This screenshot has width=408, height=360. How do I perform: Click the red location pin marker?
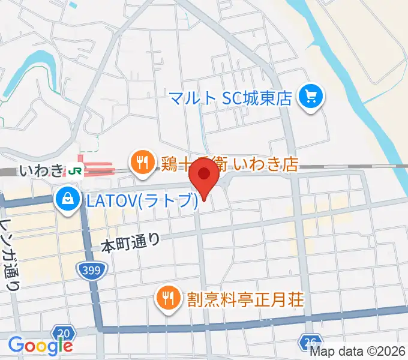click(x=204, y=178)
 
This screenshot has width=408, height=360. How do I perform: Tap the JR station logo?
click(x=76, y=170)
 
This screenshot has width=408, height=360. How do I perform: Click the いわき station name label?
click(x=40, y=171)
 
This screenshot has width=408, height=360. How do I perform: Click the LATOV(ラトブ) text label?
click(x=141, y=200)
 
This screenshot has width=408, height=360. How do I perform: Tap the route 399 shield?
click(x=92, y=270)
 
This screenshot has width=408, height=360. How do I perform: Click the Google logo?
click(x=40, y=346)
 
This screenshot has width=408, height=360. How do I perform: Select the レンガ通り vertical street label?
click(x=11, y=252)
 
